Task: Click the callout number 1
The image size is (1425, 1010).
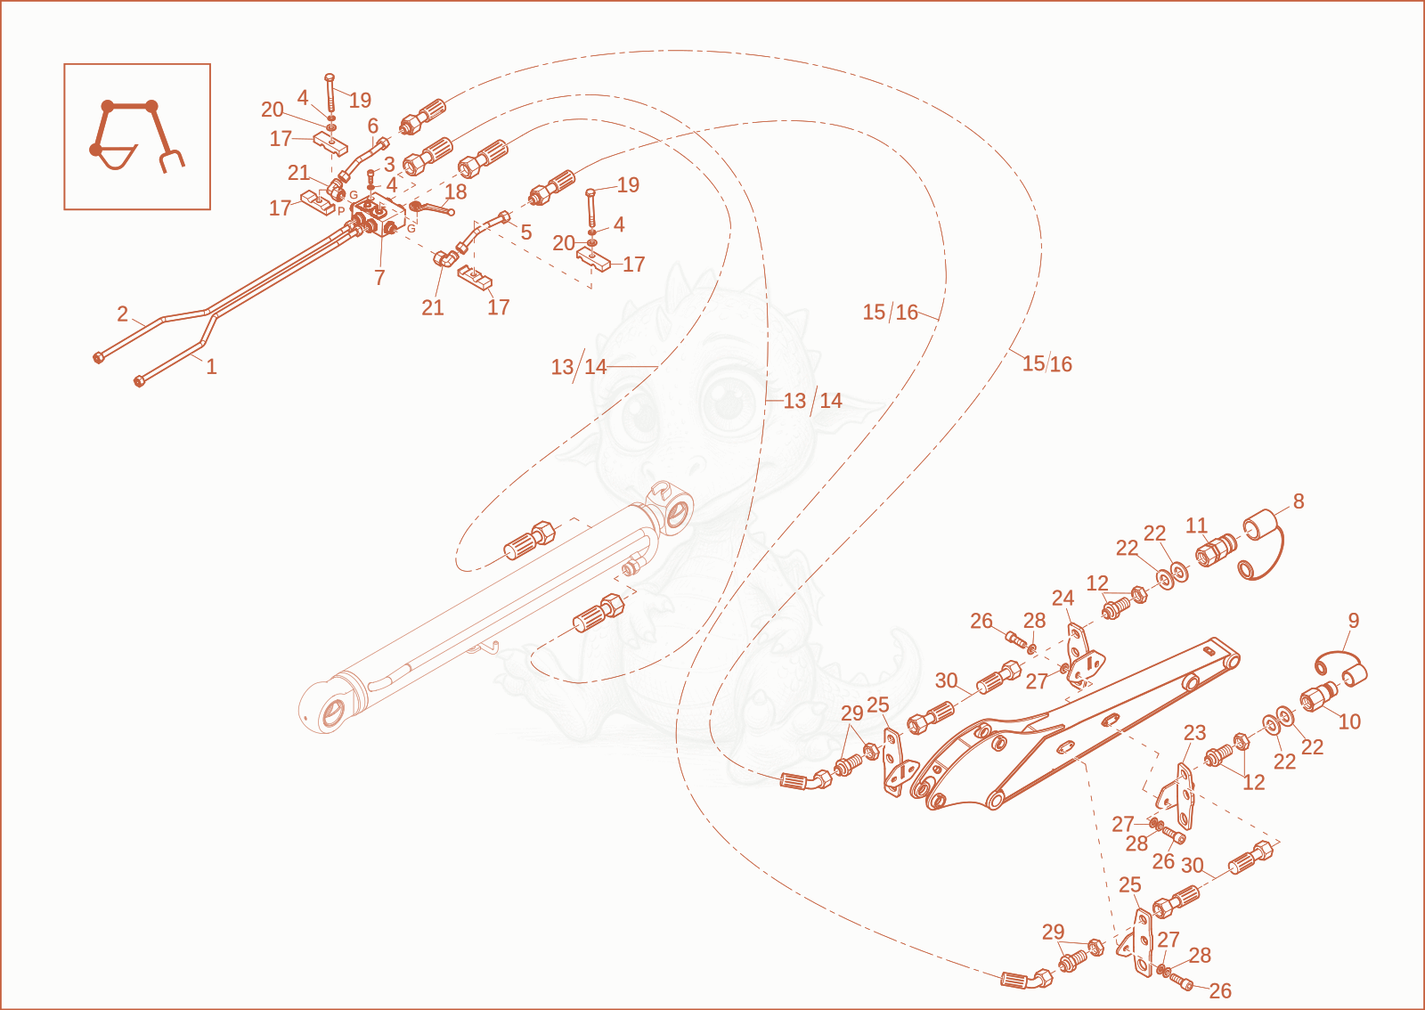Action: click(x=211, y=366)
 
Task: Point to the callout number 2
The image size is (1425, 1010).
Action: click(x=123, y=314)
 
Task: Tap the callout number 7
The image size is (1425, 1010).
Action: click(x=379, y=277)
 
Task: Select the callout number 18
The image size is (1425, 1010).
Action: click(x=455, y=191)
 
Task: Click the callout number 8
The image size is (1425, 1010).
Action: click(x=1299, y=501)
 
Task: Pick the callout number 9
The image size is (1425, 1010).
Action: click(x=1353, y=620)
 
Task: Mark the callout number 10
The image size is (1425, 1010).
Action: click(x=1349, y=721)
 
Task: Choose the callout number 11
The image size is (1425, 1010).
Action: click(x=1197, y=525)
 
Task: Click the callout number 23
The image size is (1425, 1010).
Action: click(x=1194, y=733)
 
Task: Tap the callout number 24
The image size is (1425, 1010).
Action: click(x=1063, y=598)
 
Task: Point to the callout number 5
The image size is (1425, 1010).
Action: click(x=525, y=232)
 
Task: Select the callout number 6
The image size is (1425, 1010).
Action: click(x=373, y=126)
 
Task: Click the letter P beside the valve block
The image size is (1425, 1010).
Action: click(x=341, y=211)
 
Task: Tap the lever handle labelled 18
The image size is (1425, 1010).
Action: click(x=432, y=208)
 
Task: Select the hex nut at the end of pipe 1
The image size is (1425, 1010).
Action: click(x=139, y=381)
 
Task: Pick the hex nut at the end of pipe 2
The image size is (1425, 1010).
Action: click(x=98, y=358)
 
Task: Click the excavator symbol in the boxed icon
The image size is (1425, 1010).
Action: click(x=137, y=137)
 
